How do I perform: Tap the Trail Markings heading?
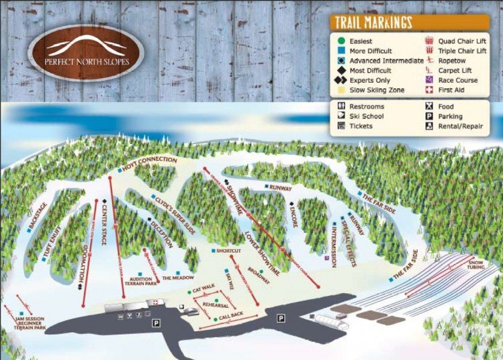373,23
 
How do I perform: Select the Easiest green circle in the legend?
341,41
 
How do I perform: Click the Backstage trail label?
37,217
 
